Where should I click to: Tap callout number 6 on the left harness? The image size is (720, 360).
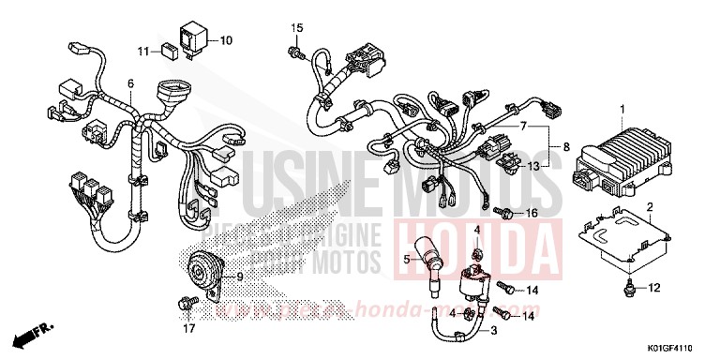point(131,84)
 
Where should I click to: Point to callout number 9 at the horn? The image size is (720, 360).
point(240,277)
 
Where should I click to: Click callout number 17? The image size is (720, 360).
point(189,328)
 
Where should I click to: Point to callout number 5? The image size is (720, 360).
point(408,259)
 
